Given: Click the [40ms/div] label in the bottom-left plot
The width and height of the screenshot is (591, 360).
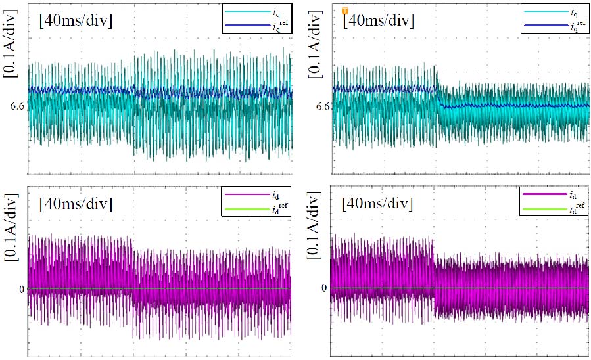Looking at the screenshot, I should click(x=76, y=203).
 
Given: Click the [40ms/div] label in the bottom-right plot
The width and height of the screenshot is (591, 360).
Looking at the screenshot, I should click(x=378, y=203).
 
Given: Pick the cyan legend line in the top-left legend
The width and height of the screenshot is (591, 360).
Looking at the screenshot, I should click(x=245, y=11).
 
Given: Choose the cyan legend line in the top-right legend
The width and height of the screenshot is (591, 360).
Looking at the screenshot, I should click(x=545, y=11).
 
